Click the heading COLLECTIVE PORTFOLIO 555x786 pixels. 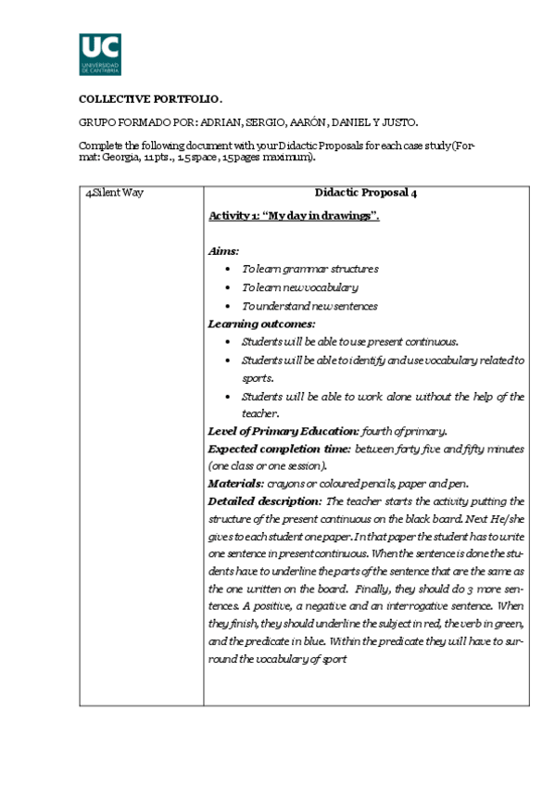click(151, 99)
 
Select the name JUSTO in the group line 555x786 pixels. click(399, 122)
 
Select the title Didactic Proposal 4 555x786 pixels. click(366, 193)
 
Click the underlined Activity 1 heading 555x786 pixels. click(294, 215)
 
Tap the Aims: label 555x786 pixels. click(223, 250)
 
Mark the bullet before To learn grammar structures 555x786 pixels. click(229, 269)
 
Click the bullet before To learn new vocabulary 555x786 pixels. click(229, 287)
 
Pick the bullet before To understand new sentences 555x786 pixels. click(229, 306)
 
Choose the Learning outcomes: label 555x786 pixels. click(261, 323)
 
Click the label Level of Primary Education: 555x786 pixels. click(283, 431)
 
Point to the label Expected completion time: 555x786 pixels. click(279, 449)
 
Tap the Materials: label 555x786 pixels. click(235, 483)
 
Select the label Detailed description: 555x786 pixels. click(265, 501)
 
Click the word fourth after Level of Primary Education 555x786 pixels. click(377, 431)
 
